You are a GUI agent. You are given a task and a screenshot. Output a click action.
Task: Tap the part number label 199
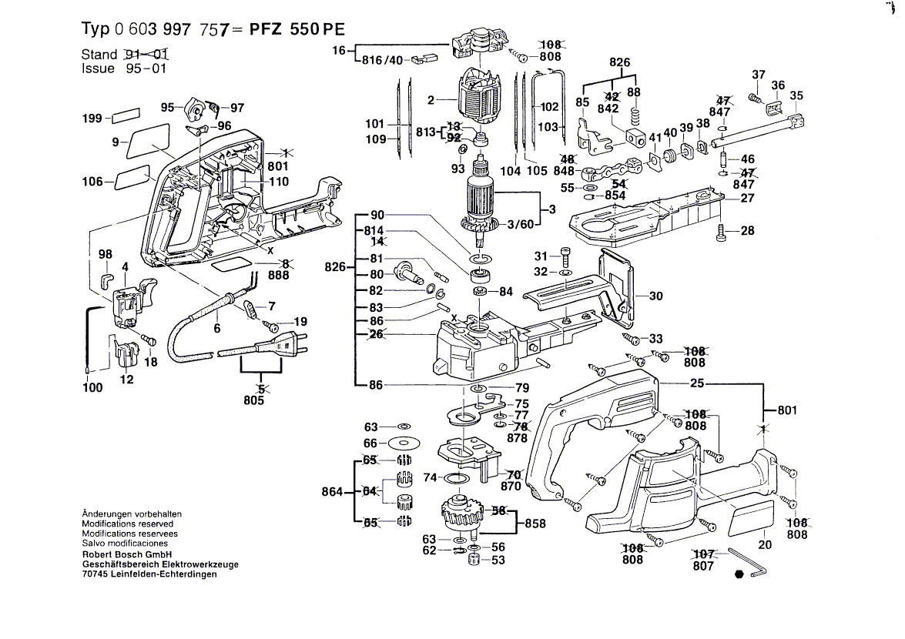coord(92,119)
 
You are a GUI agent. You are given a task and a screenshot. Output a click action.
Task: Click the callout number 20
coord(765,545)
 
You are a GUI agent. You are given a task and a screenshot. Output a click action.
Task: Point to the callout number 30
coord(655,296)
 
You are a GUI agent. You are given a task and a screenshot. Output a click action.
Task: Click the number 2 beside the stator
coord(431,99)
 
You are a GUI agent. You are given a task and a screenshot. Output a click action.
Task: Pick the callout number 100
coord(92,388)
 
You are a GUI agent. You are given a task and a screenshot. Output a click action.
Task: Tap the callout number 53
coord(498,560)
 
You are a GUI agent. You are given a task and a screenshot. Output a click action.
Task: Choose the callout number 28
coord(747,231)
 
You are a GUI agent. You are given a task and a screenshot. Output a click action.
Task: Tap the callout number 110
coord(279,182)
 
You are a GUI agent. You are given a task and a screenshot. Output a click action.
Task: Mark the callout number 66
coord(370,443)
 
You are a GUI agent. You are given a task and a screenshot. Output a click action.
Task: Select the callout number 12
coord(126,379)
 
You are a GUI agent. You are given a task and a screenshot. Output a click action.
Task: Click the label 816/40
coord(384,61)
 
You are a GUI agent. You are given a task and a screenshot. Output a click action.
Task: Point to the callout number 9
coord(115,142)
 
